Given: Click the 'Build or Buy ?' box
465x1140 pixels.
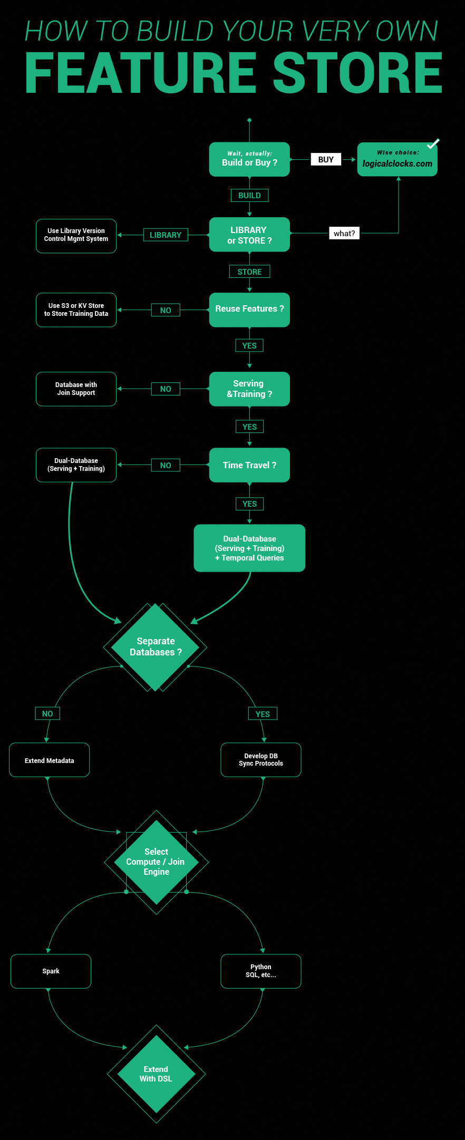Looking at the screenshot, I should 249,159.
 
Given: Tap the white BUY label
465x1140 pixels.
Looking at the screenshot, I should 326,159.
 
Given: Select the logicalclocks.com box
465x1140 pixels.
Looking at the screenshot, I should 397,160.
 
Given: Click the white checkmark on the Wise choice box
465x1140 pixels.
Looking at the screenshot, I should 433,143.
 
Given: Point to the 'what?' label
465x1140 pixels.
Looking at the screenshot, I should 344,233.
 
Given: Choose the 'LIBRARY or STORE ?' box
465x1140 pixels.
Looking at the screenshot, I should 249,235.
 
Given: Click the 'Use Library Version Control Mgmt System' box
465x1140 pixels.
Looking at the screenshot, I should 76,236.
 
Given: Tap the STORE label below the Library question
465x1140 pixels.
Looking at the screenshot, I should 249,272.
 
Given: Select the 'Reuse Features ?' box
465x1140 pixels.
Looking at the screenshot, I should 249,310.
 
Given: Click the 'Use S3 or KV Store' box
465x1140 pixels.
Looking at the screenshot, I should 76,310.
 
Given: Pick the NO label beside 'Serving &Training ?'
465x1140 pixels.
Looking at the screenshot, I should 166,389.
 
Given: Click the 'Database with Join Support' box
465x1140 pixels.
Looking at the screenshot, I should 76,389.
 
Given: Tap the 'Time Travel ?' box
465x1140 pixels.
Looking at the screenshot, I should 249,465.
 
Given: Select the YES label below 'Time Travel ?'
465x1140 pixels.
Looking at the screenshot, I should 249,504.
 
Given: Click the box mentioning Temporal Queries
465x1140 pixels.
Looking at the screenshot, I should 249,548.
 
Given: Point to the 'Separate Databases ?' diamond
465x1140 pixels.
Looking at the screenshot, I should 156,646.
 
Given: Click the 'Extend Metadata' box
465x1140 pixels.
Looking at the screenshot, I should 49,760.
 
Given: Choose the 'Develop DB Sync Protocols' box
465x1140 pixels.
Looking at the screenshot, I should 261,760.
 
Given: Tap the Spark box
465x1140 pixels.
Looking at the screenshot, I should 51,971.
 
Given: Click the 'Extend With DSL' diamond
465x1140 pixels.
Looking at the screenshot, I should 156,1074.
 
